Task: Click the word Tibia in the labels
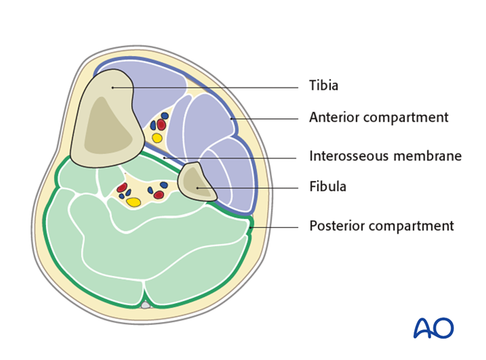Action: click(323, 86)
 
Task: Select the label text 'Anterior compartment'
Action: click(379, 118)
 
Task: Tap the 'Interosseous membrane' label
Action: click(385, 156)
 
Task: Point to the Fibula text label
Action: click(327, 187)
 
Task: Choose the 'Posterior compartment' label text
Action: click(381, 226)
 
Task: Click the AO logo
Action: click(433, 328)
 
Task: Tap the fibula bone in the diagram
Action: click(196, 184)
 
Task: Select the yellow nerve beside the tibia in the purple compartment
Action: click(157, 138)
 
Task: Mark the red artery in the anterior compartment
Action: click(162, 125)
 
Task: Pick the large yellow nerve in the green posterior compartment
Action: click(133, 202)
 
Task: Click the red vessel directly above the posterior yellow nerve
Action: click(121, 188)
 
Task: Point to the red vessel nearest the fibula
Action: click(159, 195)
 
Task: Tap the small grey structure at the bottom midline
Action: click(145, 305)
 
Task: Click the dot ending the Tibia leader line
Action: click(113, 87)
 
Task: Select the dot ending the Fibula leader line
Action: click(197, 188)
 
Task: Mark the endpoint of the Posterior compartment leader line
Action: click(250, 227)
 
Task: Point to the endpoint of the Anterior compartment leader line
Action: click(231, 118)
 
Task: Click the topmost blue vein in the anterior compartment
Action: click(165, 115)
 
